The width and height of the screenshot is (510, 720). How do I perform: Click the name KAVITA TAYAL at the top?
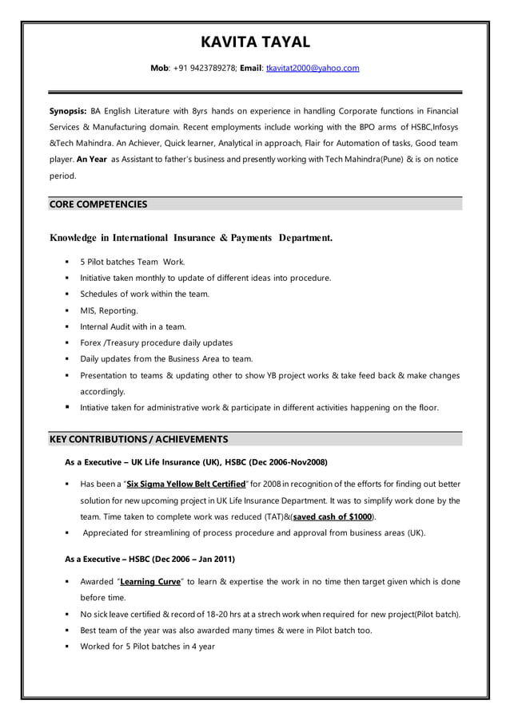[x=255, y=42]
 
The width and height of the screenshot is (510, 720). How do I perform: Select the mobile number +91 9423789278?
[x=203, y=69]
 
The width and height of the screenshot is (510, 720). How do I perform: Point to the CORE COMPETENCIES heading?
[x=98, y=204]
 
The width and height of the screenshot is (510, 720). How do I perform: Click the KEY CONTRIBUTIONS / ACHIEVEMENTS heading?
[x=138, y=439]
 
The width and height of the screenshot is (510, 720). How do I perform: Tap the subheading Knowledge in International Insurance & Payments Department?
[x=191, y=238]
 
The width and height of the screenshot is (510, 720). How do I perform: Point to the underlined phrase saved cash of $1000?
[x=333, y=517]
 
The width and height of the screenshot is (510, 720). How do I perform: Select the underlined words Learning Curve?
[x=150, y=582]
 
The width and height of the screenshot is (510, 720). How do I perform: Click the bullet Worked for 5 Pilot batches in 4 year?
[x=147, y=647]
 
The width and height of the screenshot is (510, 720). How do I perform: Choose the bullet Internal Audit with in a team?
[x=133, y=326]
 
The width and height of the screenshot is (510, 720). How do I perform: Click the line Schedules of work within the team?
[x=145, y=294]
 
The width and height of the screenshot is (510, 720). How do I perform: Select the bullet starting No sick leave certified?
[x=269, y=615]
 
